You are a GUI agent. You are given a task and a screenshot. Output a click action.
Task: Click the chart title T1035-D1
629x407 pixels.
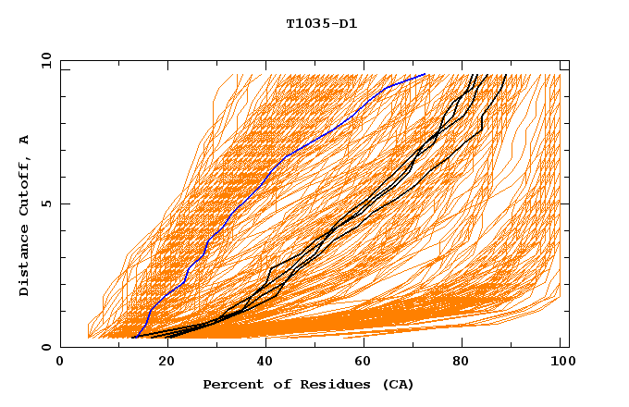[x=321, y=24]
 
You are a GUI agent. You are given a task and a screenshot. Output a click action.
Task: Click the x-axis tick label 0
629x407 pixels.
[x=60, y=363]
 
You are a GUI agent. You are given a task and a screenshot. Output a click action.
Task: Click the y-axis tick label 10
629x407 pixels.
[x=44, y=60]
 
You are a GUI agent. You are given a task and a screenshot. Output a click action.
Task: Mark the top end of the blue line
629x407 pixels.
[x=425, y=74]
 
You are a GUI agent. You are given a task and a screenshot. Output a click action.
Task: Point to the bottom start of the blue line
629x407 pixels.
[x=135, y=338]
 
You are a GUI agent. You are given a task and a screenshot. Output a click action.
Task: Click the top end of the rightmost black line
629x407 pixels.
[x=505, y=74]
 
